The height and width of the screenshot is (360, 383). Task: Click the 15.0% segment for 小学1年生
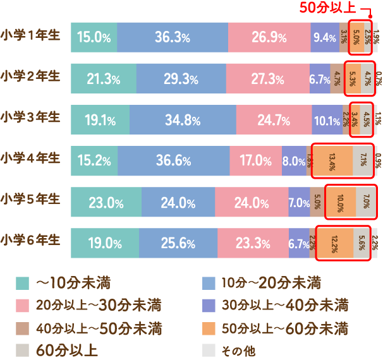[x=94, y=37]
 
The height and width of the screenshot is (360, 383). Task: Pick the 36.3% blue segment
[x=173, y=37]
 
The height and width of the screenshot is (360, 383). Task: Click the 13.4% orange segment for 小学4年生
[x=332, y=161]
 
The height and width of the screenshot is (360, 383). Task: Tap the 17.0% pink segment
[x=255, y=161]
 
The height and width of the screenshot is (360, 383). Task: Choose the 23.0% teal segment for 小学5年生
[x=106, y=203]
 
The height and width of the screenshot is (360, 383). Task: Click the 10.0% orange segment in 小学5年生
[x=340, y=203]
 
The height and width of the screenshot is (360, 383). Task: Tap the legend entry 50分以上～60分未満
[x=284, y=328]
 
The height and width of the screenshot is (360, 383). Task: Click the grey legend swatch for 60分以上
[x=23, y=350]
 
